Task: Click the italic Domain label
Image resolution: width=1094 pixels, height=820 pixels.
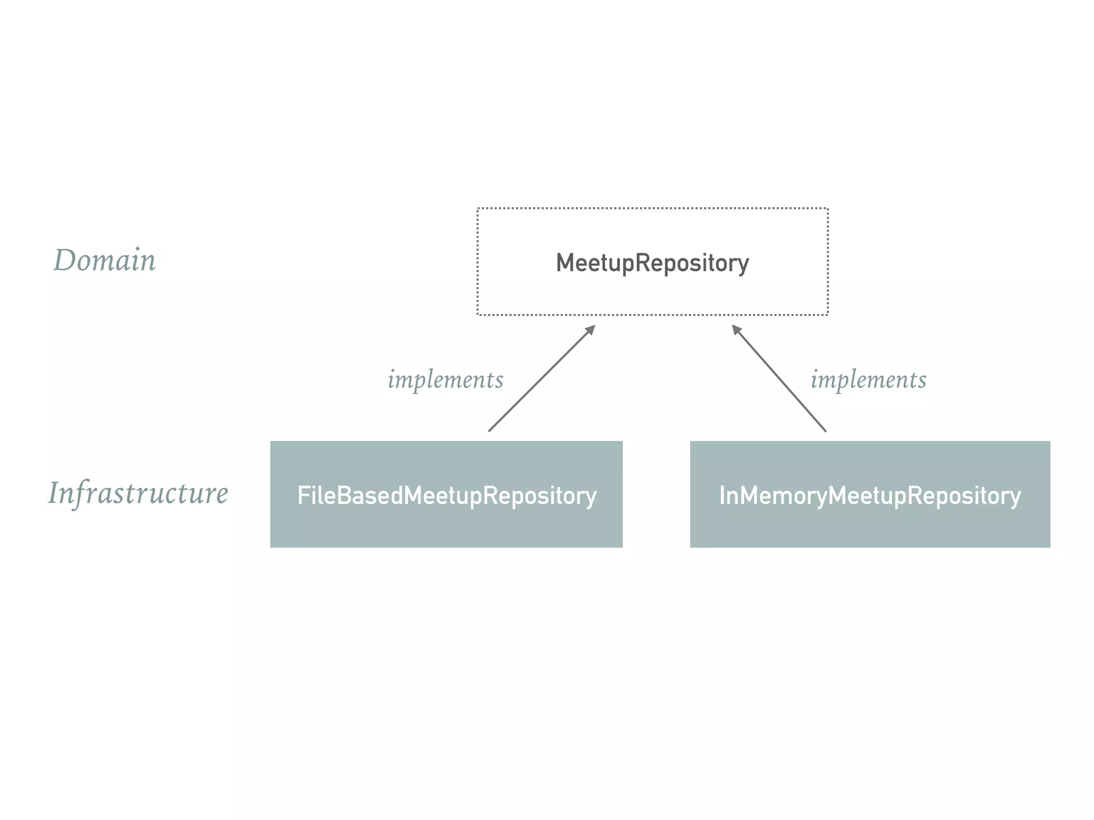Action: (x=105, y=261)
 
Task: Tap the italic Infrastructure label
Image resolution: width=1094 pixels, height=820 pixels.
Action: (x=138, y=493)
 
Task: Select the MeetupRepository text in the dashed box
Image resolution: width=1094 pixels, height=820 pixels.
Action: (x=652, y=263)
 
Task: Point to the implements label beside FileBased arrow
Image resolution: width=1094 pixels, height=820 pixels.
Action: (x=446, y=380)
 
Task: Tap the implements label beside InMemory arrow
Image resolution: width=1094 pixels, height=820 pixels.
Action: (x=869, y=380)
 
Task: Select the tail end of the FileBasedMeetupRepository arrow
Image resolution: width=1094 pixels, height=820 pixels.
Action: (x=489, y=430)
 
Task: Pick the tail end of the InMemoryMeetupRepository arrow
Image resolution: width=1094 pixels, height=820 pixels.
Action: (x=825, y=430)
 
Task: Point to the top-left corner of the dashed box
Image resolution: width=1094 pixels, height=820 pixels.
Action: (x=478, y=208)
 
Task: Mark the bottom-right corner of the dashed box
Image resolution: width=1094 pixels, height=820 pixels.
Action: (x=827, y=314)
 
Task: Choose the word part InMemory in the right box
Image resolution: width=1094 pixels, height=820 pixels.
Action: (x=772, y=495)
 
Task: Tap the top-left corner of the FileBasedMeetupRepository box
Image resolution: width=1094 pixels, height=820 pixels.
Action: (x=271, y=441)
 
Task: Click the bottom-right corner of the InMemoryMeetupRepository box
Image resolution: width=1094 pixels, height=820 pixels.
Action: (x=1050, y=547)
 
